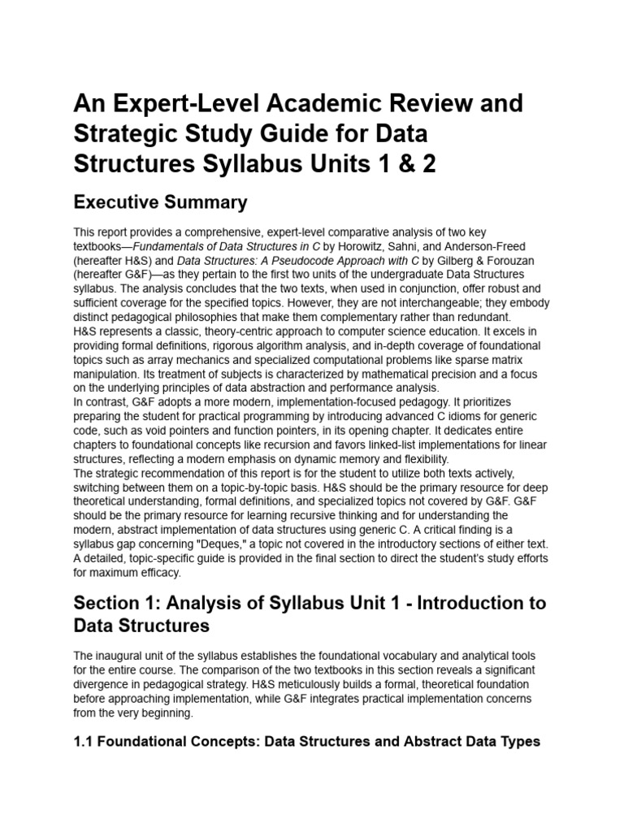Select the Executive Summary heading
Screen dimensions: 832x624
161,201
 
